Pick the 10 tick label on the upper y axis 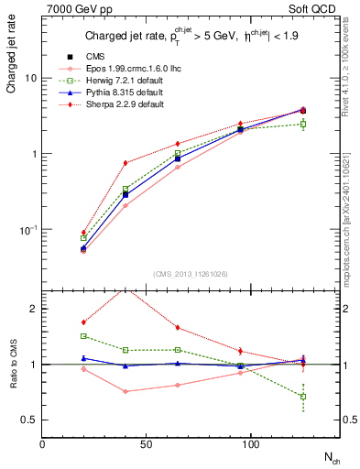click(30, 78)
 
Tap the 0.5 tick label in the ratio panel click(28, 420)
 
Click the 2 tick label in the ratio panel click(33, 309)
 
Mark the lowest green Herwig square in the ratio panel click(303, 397)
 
